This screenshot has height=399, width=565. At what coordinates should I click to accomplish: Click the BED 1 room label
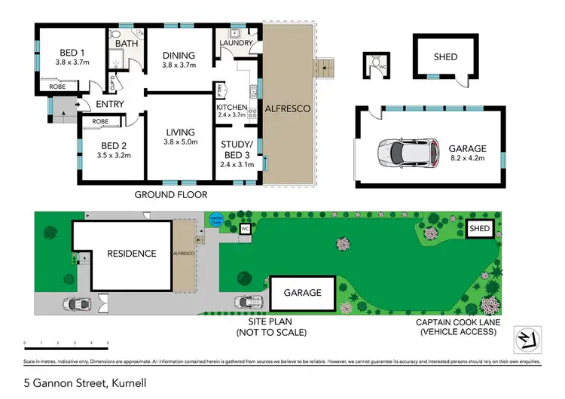[73, 53]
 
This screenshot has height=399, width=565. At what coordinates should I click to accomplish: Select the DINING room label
[179, 56]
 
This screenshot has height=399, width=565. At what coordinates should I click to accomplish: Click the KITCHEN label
[232, 108]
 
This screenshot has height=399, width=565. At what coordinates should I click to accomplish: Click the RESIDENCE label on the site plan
[130, 254]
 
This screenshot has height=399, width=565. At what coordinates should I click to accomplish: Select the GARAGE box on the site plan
[303, 292]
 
